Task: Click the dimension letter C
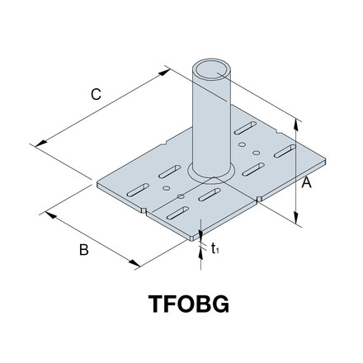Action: [96, 96]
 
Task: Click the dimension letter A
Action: [305, 185]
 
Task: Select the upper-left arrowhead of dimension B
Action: [49, 214]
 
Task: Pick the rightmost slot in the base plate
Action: [283, 150]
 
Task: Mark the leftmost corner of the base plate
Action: [97, 183]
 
